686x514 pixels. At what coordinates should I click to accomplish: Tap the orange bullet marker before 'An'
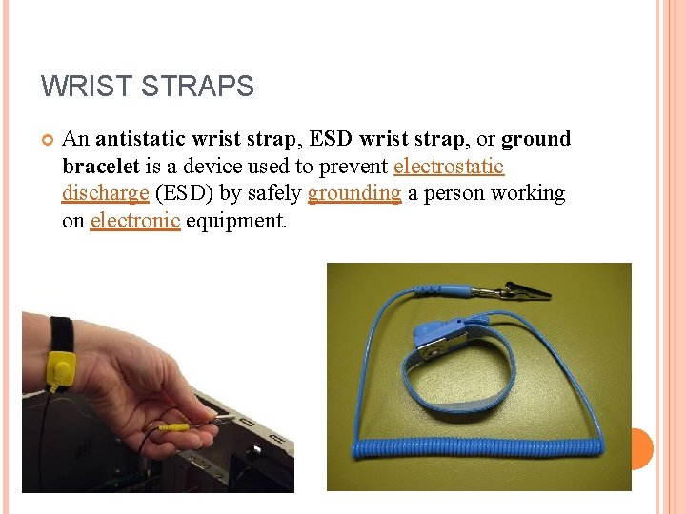pos(47,140)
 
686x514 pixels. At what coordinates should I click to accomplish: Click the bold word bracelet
pos(100,167)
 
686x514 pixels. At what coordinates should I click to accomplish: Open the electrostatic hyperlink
pos(449,167)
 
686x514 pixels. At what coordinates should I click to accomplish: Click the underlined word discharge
pos(105,193)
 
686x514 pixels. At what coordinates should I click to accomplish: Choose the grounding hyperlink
pos(354,193)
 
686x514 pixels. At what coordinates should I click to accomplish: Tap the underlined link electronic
pos(135,221)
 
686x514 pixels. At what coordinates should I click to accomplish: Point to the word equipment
pos(236,221)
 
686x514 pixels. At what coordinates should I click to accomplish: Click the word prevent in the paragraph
pos(353,167)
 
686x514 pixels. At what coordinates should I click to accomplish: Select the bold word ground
pos(535,139)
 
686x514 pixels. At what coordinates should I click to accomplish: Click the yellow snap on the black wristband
pos(61,367)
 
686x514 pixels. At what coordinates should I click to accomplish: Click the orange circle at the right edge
pos(641,448)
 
